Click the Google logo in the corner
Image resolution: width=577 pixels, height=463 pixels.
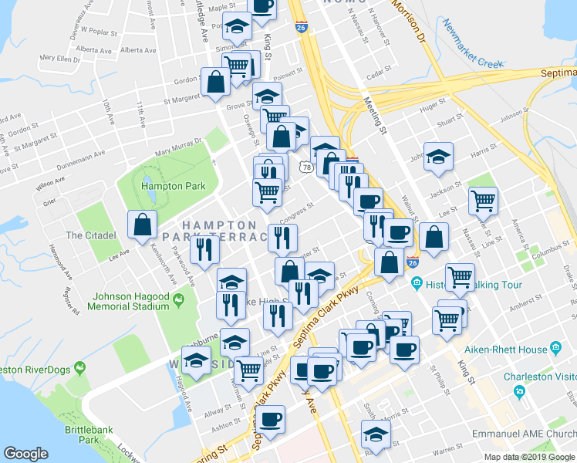26,454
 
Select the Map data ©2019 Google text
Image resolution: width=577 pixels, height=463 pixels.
528,457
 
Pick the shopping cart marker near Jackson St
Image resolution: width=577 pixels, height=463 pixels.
483,201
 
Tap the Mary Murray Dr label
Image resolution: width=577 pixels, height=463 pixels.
177,147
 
